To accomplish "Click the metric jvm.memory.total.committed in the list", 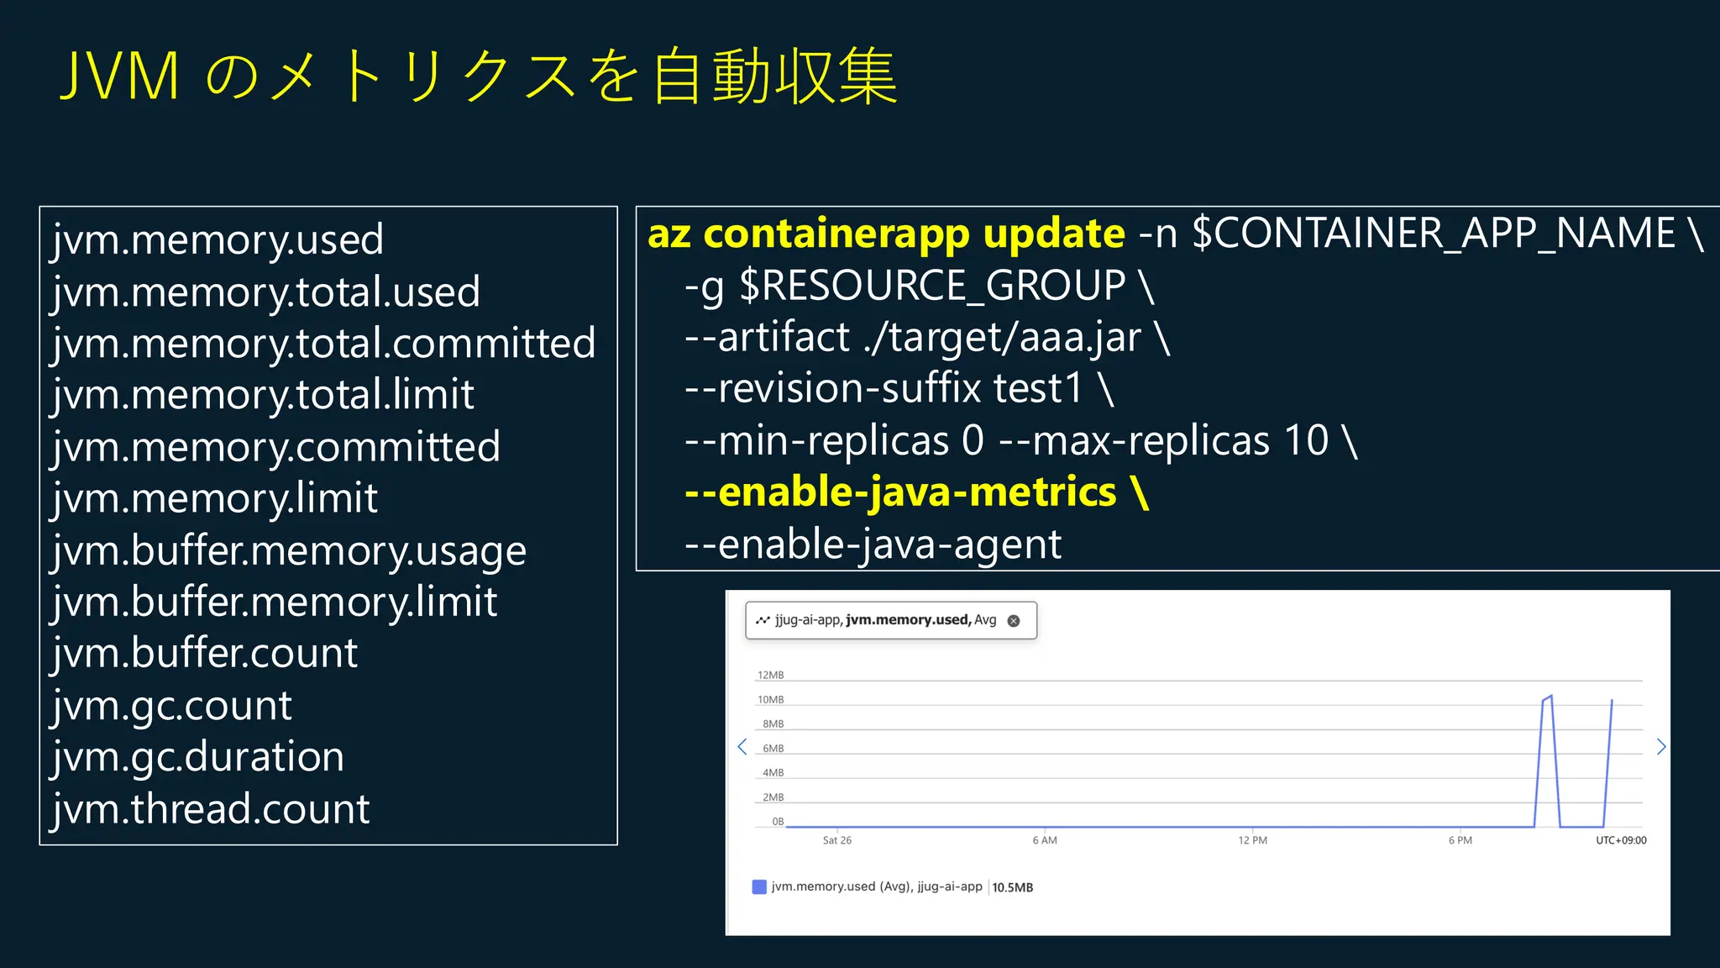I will [323, 343].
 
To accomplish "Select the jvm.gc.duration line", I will [198, 756].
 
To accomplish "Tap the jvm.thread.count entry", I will [211, 808].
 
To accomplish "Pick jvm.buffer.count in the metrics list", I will [205, 653].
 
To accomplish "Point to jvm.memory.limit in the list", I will [215, 498].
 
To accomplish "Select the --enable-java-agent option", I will [873, 544].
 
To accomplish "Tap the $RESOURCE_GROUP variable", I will [932, 285].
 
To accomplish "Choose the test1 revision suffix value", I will [1038, 388].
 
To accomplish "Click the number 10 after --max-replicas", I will [1306, 440].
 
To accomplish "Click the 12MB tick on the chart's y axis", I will [770, 675].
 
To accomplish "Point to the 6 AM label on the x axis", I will [1045, 840].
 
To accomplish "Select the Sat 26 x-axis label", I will [836, 840].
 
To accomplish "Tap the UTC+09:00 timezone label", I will [1621, 840].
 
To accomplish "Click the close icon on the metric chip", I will [1014, 621].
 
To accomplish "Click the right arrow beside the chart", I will [1660, 746].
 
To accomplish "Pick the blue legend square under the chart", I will [759, 886].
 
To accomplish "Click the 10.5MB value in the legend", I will [1013, 887].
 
